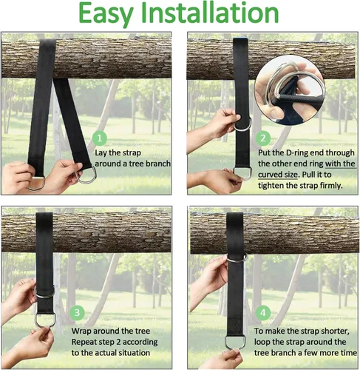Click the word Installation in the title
pos(210,13)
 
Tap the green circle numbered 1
pos(100,138)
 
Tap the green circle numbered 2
pos(263,138)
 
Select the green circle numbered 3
pos(77,313)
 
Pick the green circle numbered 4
pos(263,313)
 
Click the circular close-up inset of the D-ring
pos(290,90)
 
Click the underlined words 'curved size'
pos(278,175)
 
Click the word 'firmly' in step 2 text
pos(331,185)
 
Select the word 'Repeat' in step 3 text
pos(83,343)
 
